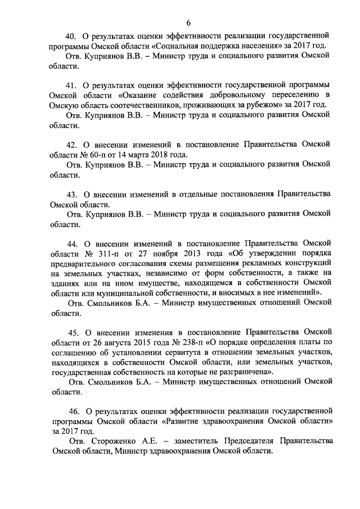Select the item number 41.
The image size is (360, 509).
[72, 85]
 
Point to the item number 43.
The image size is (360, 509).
[72, 194]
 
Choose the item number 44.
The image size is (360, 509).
[73, 244]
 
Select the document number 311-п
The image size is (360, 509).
[102, 254]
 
